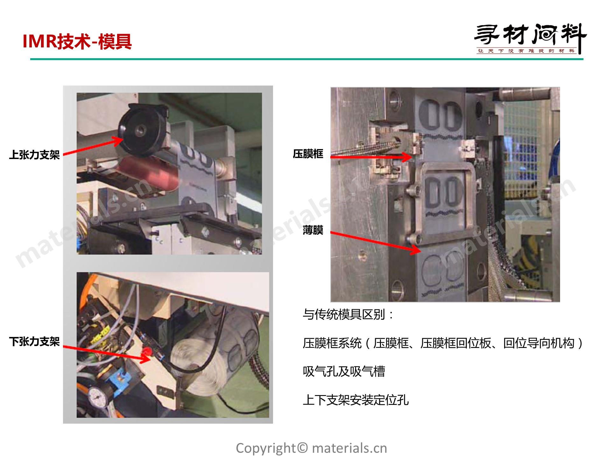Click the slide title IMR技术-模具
(x=77, y=42)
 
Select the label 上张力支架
(x=34, y=155)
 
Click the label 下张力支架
(x=34, y=342)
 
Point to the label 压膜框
(x=308, y=154)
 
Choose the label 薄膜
(x=313, y=230)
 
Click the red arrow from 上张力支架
(x=93, y=146)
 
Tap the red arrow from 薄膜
(x=376, y=243)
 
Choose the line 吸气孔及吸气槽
(x=344, y=371)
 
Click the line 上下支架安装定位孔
(x=356, y=400)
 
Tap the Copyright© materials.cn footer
(x=312, y=448)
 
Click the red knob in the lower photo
(x=146, y=351)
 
